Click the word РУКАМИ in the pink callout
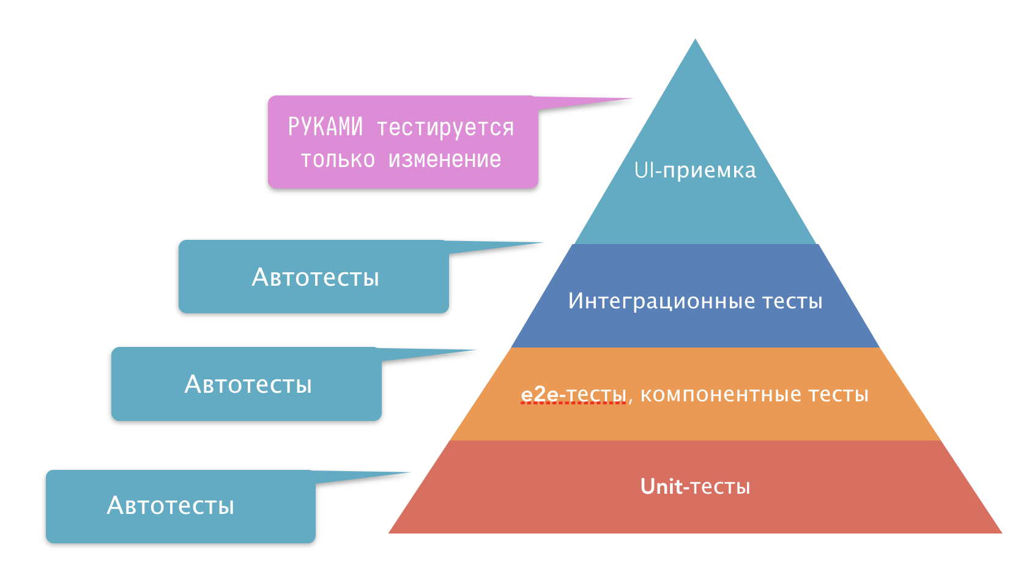(x=325, y=127)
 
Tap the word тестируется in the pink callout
(x=445, y=128)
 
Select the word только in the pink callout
(x=337, y=159)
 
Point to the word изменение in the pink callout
(x=445, y=159)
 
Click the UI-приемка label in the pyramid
(x=695, y=170)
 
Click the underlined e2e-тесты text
(x=573, y=395)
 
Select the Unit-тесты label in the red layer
(x=695, y=486)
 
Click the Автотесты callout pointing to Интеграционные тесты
(x=314, y=277)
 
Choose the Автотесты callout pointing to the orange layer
(x=247, y=384)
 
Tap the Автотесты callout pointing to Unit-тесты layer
(x=180, y=506)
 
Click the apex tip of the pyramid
(x=695, y=40)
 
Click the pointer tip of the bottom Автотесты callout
(x=408, y=472)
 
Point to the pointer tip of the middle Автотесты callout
(x=475, y=351)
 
